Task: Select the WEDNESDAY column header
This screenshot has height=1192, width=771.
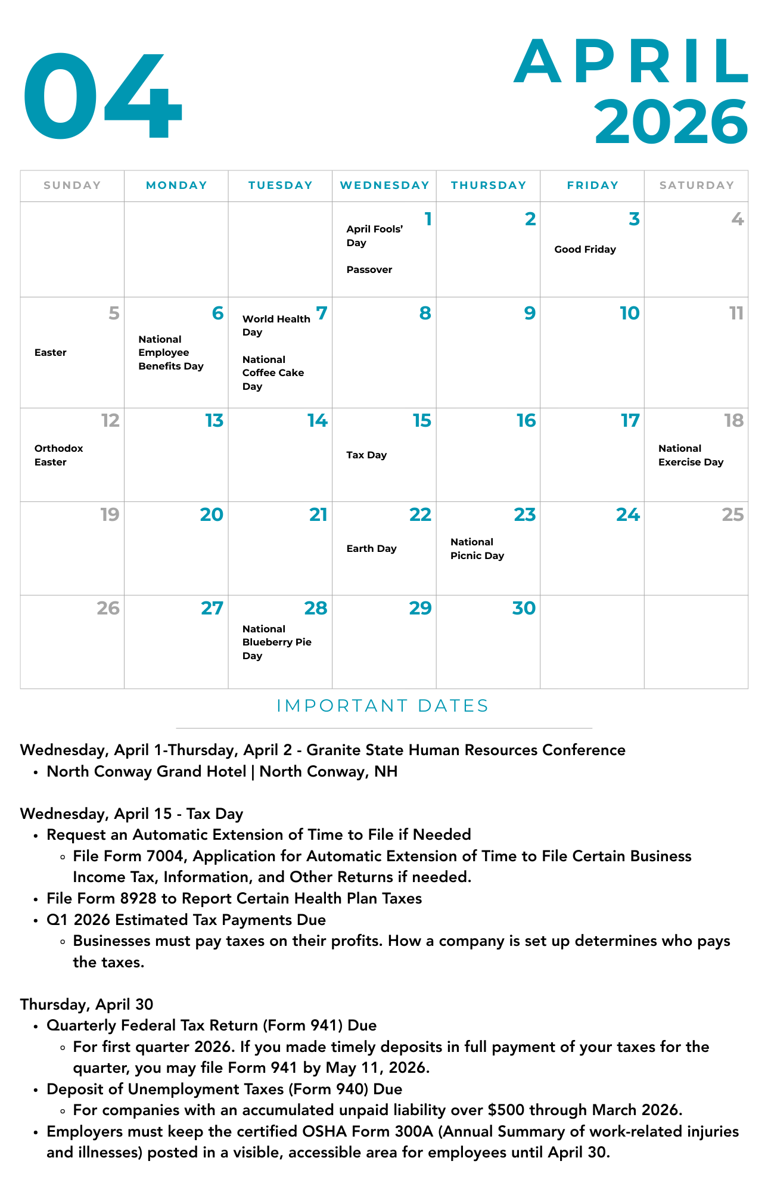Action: click(384, 185)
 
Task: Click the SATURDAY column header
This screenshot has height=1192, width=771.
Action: click(697, 185)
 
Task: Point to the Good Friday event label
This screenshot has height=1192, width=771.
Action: click(585, 250)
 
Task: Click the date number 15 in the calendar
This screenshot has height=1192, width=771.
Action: click(422, 421)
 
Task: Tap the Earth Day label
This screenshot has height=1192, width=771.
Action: click(371, 549)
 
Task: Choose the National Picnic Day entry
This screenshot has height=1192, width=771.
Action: click(477, 549)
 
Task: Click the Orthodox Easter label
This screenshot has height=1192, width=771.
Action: click(58, 455)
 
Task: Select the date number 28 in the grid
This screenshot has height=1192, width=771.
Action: click(315, 609)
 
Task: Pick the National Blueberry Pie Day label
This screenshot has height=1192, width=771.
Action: click(276, 642)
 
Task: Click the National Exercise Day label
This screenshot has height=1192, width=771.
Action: click(691, 455)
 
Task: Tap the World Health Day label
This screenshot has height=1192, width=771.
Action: click(276, 325)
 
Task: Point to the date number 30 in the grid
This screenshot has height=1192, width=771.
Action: click(524, 609)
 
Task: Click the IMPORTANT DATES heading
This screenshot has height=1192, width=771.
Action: click(383, 706)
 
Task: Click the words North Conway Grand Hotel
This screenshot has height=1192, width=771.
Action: click(147, 772)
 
